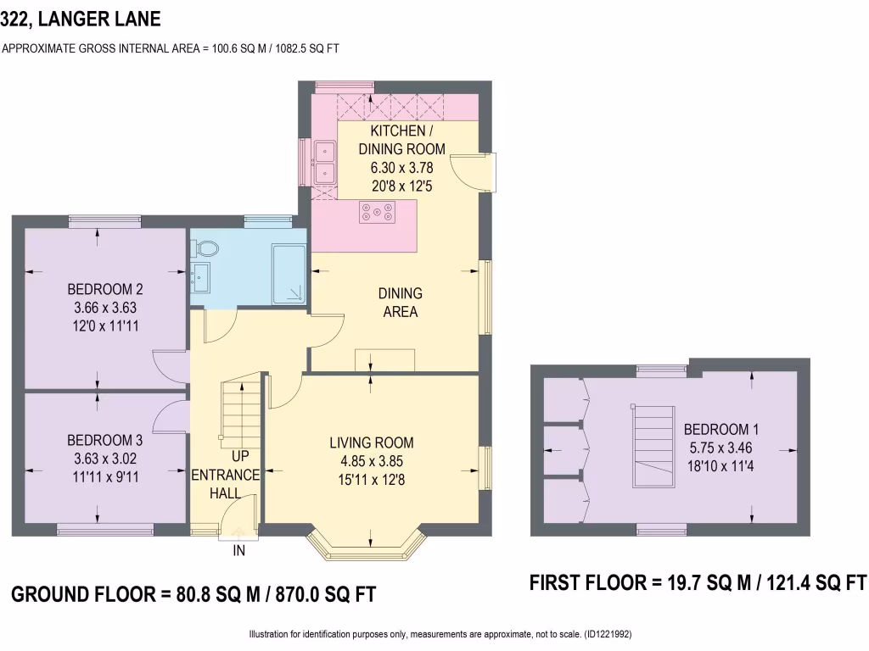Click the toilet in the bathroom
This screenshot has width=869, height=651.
click(x=205, y=248)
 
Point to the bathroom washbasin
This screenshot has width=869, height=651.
click(x=201, y=275)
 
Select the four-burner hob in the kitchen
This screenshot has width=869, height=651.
click(x=378, y=212)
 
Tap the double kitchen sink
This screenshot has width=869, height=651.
click(x=324, y=162)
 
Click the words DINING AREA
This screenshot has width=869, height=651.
click(x=401, y=303)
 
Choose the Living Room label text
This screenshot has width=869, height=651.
click(x=372, y=442)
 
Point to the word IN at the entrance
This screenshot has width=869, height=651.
click(x=239, y=551)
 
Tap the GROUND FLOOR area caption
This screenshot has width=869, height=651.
click(x=193, y=594)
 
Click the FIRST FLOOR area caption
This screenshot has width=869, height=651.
click(x=698, y=583)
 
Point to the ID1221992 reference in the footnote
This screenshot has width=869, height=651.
click(x=606, y=634)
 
